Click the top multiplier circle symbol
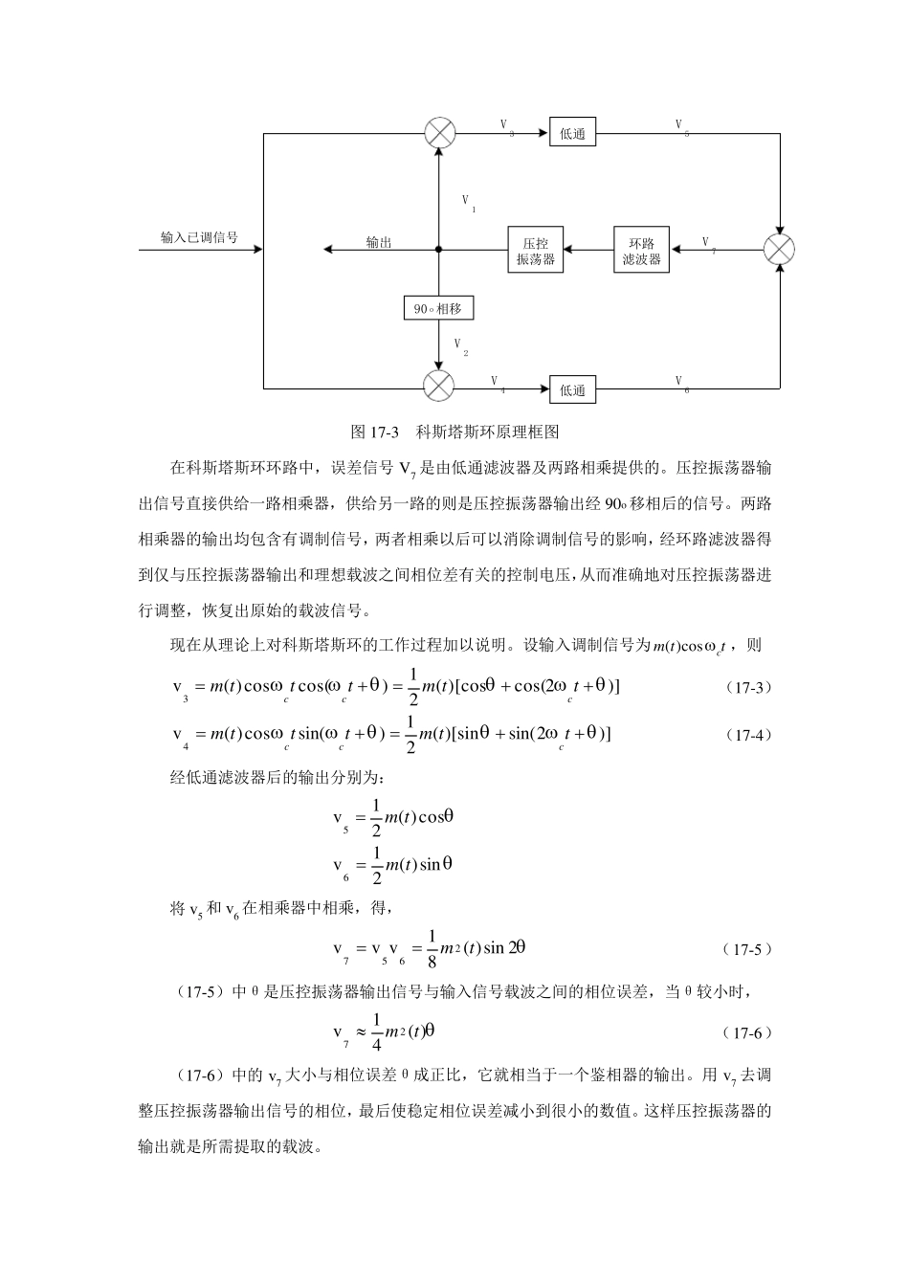point(439,133)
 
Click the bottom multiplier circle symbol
point(439,388)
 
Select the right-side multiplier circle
point(780,250)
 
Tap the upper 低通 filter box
point(572,134)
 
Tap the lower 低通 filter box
point(572,389)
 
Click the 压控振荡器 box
point(535,251)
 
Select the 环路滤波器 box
point(641,251)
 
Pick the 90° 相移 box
point(438,308)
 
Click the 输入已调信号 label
point(199,237)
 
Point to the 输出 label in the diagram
point(379,242)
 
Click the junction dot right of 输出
point(439,250)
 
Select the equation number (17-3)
point(747,687)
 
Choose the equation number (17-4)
point(747,735)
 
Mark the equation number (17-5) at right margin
point(747,949)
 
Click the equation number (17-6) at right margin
point(747,1032)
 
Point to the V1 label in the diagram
point(469,203)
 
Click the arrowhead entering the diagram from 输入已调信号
point(257,250)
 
